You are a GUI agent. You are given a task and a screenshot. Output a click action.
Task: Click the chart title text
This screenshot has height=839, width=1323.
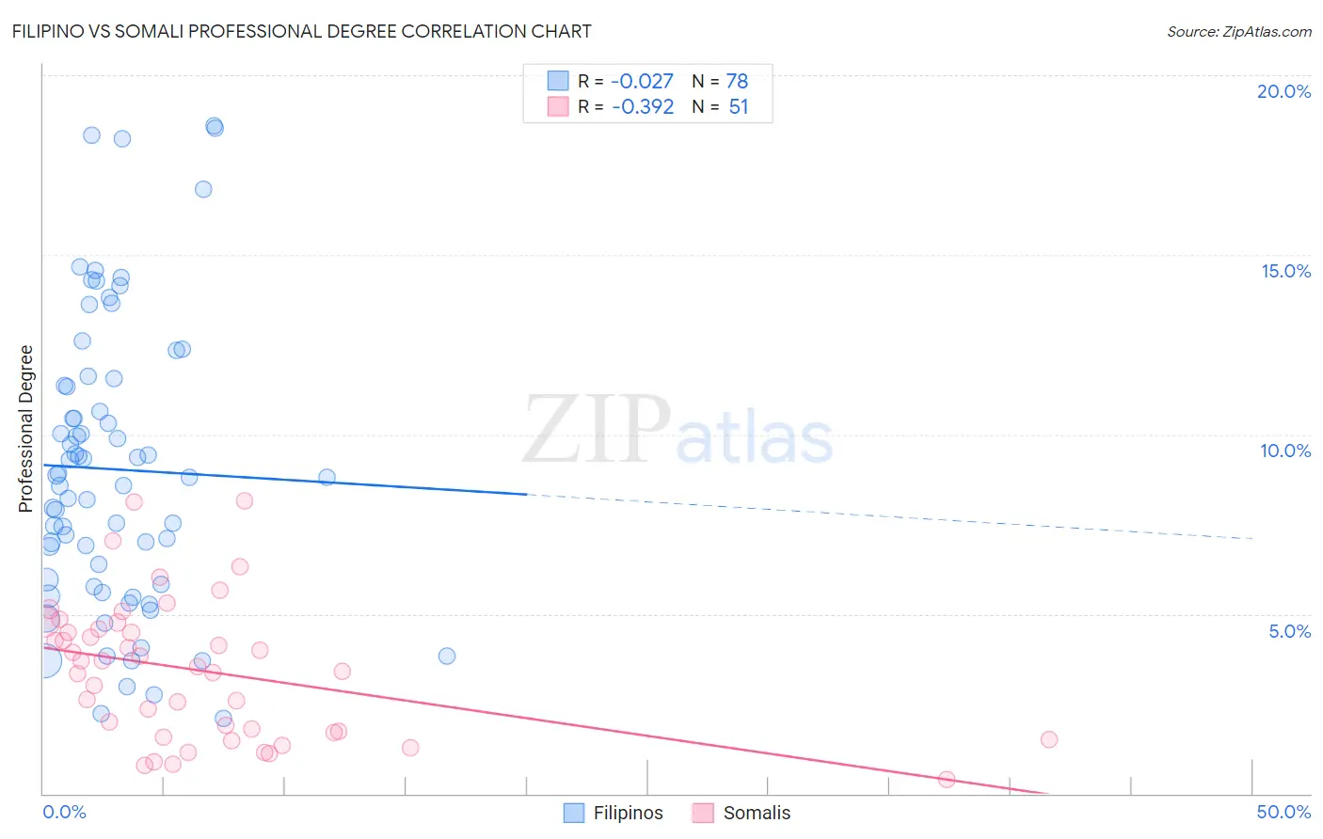tap(301, 31)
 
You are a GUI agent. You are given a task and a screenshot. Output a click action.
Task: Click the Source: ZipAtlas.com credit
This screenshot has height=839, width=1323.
tap(1238, 32)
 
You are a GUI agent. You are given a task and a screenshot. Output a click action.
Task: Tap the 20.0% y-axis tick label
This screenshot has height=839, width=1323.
tap(1283, 91)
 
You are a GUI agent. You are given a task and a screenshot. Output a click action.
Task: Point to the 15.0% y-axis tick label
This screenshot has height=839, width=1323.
tap(1285, 271)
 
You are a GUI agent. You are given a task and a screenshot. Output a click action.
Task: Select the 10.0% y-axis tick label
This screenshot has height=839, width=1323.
tap(1285, 451)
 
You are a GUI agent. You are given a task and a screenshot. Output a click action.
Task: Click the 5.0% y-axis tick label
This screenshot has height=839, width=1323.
tap(1289, 631)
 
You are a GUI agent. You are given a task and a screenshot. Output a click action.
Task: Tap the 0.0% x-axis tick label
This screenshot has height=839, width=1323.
tap(64, 812)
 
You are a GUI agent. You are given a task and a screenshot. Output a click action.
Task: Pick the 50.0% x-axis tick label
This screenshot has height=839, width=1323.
tap(1283, 812)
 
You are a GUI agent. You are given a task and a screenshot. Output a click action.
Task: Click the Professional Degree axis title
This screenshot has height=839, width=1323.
tap(26, 429)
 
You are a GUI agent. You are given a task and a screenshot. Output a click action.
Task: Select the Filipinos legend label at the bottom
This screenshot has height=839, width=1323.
tap(628, 813)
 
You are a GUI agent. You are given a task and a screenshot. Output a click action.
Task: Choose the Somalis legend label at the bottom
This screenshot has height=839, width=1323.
tap(757, 813)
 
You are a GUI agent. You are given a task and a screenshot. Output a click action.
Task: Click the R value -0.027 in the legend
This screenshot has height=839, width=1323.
tap(643, 82)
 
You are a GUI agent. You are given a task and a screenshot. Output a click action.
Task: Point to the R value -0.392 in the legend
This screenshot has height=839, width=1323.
tap(643, 107)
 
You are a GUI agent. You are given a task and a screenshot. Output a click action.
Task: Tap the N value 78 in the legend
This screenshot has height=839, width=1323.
tap(737, 82)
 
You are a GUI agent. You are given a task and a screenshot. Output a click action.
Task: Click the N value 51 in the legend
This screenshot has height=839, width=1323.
tap(739, 107)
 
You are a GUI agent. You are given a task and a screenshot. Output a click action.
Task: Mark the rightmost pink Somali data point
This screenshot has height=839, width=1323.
tap(1049, 739)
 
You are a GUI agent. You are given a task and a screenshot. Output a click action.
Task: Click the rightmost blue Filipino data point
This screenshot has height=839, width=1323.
tap(447, 656)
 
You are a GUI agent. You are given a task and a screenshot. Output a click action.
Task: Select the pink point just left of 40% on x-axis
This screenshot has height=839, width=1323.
tap(947, 779)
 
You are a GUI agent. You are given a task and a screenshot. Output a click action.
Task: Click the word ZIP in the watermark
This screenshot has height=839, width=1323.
tap(597, 430)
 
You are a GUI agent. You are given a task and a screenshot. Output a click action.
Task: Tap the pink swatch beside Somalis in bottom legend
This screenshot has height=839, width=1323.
tap(702, 813)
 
